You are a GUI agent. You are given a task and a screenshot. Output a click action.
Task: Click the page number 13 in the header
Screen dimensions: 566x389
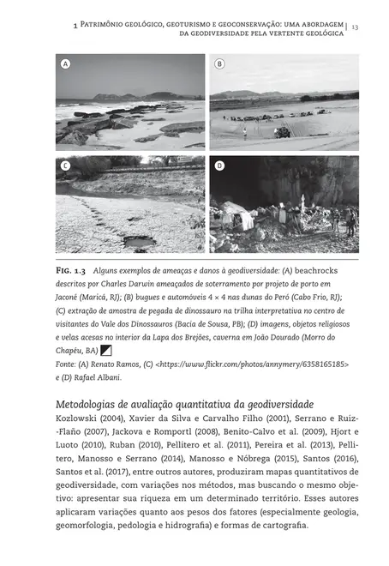(x=354, y=27)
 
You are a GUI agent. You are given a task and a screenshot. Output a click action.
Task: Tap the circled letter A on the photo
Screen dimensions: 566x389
(x=65, y=65)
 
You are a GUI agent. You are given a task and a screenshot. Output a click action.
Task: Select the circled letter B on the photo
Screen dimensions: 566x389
(x=219, y=65)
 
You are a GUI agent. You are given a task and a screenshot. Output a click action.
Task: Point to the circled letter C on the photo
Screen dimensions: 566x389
(x=65, y=165)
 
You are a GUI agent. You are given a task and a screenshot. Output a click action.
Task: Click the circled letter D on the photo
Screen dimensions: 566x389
(x=219, y=165)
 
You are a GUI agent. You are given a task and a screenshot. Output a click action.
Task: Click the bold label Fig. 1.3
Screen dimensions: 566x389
(x=71, y=272)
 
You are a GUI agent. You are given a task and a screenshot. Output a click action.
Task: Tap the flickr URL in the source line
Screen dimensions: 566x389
(x=254, y=364)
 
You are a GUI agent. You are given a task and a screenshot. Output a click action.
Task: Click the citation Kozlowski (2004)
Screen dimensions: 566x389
(x=84, y=418)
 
